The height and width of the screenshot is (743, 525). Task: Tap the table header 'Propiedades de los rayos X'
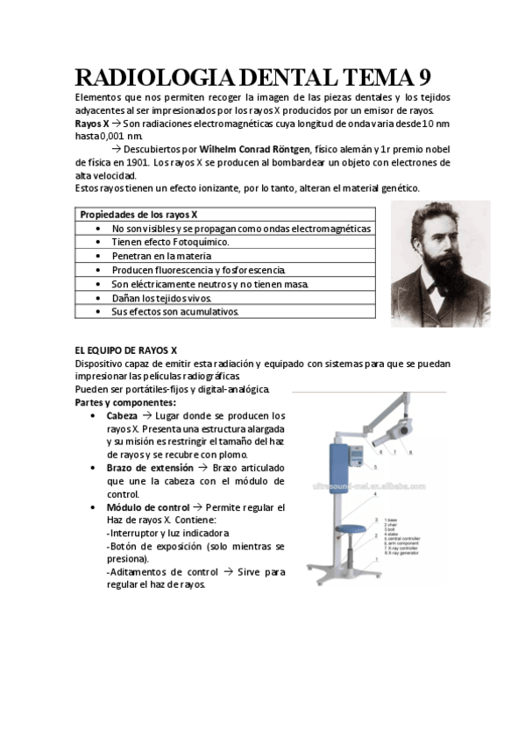[138, 215]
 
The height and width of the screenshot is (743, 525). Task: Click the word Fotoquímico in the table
[195, 241]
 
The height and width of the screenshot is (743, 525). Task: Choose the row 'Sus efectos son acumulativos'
[174, 310]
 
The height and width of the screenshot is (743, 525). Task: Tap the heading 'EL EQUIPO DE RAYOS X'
[126, 350]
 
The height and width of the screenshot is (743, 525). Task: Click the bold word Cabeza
[122, 415]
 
